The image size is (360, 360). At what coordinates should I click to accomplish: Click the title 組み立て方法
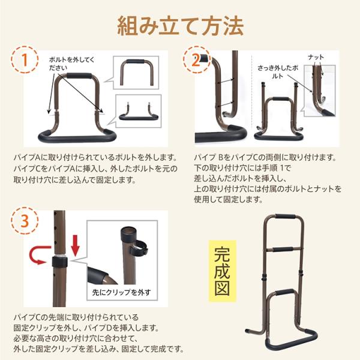click(180, 26)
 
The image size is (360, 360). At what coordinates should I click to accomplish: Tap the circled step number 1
click(25, 59)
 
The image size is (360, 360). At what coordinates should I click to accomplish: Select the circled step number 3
click(25, 220)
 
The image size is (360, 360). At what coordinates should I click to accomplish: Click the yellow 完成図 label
click(222, 271)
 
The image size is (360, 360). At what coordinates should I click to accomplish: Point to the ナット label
click(316, 57)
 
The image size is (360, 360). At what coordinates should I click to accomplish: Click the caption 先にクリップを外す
click(122, 292)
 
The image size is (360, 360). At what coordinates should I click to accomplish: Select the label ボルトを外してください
click(71, 64)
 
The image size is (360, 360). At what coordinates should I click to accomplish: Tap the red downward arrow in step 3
click(75, 248)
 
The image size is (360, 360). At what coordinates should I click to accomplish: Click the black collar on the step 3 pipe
click(59, 262)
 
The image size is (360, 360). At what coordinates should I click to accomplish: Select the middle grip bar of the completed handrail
click(283, 249)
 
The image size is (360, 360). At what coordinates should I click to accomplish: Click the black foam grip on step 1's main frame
click(79, 76)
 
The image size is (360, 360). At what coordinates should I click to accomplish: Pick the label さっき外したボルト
click(278, 72)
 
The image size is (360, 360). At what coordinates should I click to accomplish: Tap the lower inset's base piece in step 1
click(139, 117)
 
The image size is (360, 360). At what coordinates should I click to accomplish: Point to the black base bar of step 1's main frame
click(77, 138)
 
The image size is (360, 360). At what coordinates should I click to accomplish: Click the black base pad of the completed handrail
click(292, 343)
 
